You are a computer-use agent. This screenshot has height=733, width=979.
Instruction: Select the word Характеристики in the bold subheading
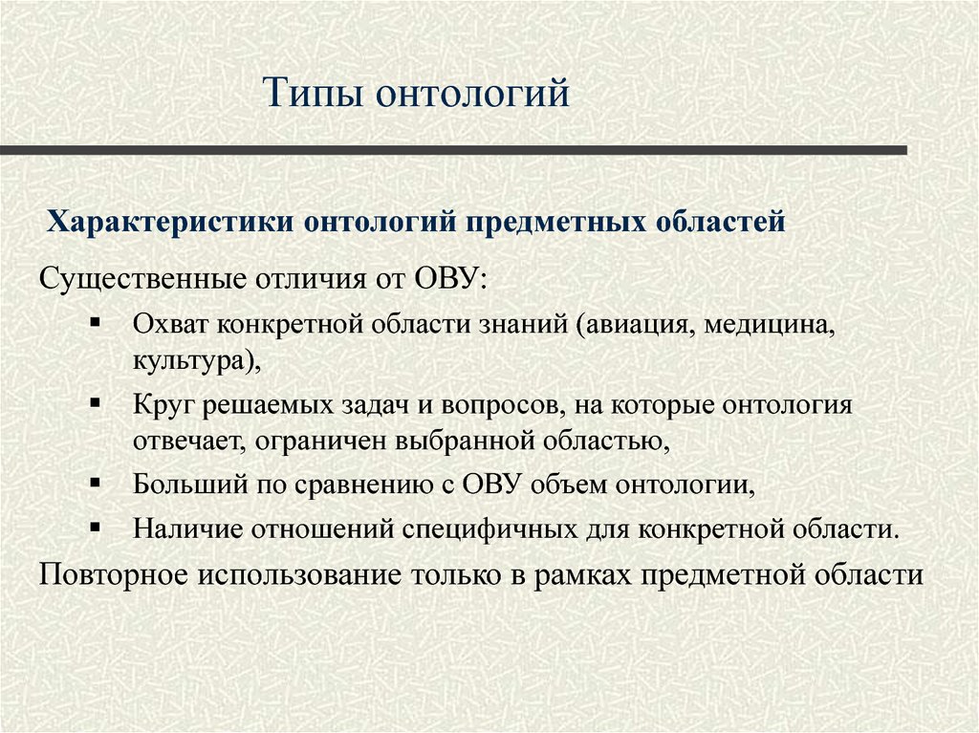173,223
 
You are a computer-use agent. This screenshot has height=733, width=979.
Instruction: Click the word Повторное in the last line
114,575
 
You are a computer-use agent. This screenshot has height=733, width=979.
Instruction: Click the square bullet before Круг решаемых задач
95,402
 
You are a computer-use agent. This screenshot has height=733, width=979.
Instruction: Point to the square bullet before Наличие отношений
95,526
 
